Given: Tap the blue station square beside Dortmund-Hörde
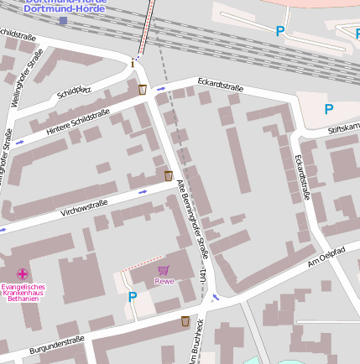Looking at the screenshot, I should (x=63, y=20).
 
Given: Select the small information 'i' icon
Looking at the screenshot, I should (x=133, y=63).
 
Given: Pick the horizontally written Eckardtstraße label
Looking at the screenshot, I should (x=220, y=85).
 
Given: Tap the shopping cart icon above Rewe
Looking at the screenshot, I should (x=163, y=270).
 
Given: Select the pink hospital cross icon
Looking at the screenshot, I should (x=22, y=273).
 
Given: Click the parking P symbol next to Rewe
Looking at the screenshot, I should (x=132, y=296).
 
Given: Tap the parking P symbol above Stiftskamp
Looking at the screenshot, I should (x=328, y=109).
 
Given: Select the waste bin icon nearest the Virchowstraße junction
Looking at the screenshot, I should (x=169, y=175).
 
